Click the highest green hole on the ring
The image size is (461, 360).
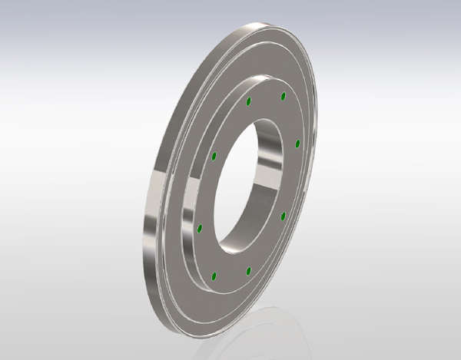284,95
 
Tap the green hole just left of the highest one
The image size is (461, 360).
247,101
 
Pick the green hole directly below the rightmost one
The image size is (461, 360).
283,216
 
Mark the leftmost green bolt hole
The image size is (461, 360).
201,228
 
